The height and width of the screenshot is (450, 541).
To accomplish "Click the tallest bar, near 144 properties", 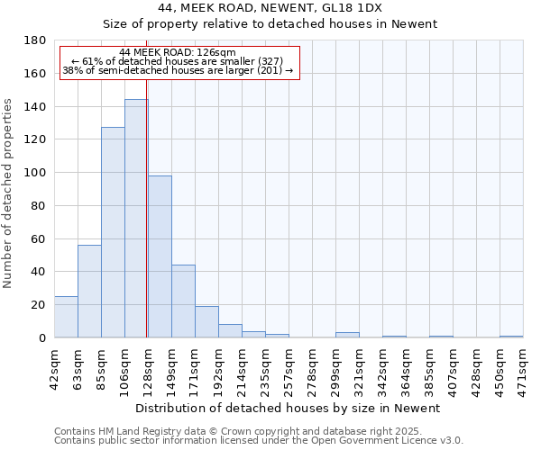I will pos(136,219).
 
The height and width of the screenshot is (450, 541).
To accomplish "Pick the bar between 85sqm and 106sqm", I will pos(113,232).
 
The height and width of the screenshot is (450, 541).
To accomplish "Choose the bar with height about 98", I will pos(160,256).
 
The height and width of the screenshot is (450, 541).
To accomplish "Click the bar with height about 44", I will pos(183,301).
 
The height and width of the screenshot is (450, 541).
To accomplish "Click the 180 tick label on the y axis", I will pos(36,40).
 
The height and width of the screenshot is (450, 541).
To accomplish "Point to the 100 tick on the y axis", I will pos(36,173).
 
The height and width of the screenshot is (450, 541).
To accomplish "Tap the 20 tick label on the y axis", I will pos(40,305).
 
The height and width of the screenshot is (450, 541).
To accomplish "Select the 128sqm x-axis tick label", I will pos(148,366).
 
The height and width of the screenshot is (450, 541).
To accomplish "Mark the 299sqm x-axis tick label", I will pos(335,366).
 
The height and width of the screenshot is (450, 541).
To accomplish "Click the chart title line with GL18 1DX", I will pos(270,7).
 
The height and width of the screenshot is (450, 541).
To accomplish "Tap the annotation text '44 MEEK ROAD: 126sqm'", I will pos(177,53).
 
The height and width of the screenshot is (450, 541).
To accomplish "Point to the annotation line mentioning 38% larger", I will pos(178,70).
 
